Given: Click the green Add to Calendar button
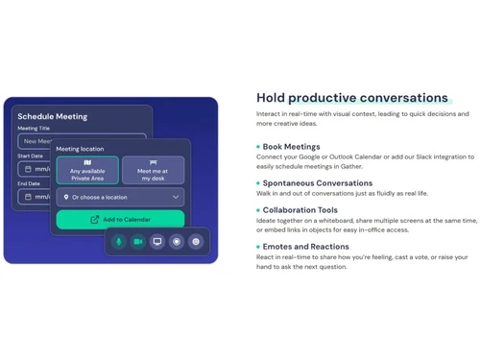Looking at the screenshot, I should tap(120, 219).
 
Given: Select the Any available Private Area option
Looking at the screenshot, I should tap(87, 170).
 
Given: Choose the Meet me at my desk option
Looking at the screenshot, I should tap(154, 170).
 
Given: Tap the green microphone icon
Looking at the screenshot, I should tap(119, 242).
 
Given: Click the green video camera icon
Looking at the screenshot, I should tap(138, 242).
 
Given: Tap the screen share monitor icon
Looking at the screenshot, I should tap(157, 242).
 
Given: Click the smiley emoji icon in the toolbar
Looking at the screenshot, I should tap(196, 242).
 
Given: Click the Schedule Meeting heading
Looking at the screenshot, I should tap(52, 117).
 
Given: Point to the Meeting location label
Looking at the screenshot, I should tap(80, 149).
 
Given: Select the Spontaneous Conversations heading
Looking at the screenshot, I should tap(317, 182).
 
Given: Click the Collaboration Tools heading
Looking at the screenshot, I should tap(300, 210).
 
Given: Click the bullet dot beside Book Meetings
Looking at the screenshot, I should tap(258, 147).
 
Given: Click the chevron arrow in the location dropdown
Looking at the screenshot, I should tap(176, 197).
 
